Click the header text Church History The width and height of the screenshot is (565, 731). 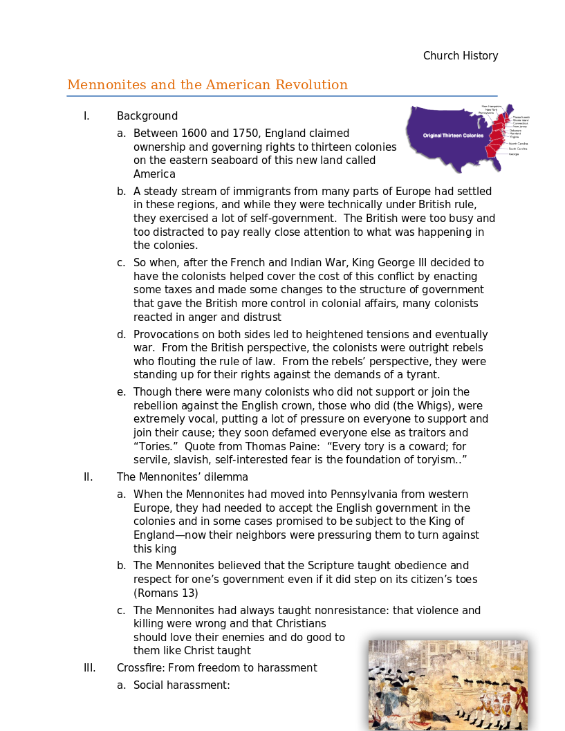pos(461,56)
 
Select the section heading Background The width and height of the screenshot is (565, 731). pos(147,116)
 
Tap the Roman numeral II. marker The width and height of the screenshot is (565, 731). pos(88,477)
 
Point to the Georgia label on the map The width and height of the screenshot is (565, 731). pos(514,154)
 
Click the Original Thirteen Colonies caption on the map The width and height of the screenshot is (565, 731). pos(453,136)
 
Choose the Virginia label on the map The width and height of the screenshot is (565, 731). pos(514,137)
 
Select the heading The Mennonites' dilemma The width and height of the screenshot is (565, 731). pos(183,477)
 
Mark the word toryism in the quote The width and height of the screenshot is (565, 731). pos(429,460)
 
